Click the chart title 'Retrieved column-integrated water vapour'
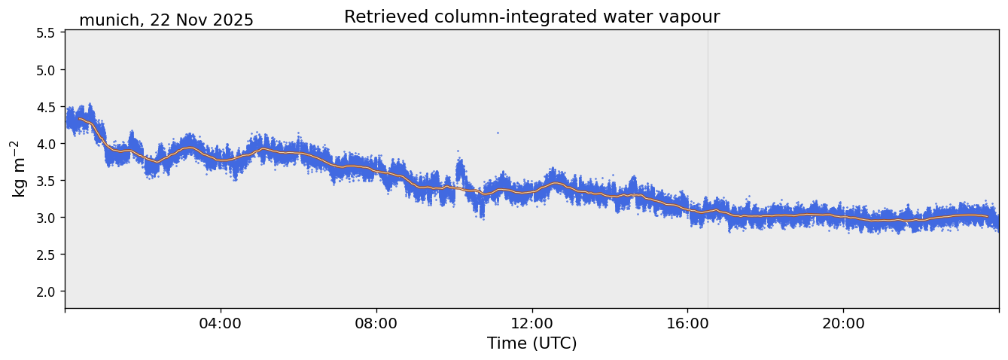point(531,17)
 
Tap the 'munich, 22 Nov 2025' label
point(166,20)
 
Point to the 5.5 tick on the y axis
point(45,33)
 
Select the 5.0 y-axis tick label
point(45,70)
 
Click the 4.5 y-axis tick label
point(45,107)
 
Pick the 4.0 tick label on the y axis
point(45,144)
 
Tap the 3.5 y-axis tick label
point(45,181)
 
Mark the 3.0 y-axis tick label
point(45,218)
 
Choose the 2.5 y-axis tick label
point(45,255)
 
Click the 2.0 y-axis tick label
point(45,291)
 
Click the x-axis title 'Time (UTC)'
point(531,343)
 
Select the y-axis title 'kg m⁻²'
point(18,169)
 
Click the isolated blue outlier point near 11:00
point(498,133)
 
